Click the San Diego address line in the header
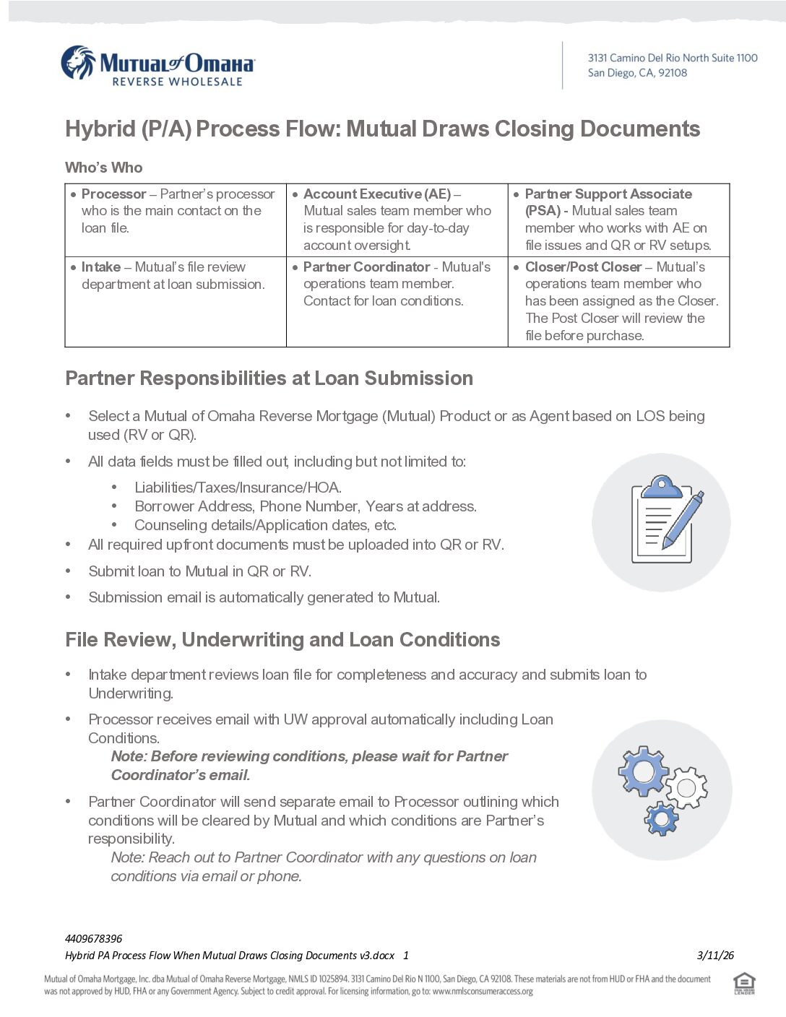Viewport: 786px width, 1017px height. point(636,73)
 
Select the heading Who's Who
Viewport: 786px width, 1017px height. point(104,168)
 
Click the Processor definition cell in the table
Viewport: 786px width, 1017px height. point(176,220)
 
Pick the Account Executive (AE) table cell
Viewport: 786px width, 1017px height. point(397,220)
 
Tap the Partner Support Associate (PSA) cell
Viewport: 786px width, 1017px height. point(618,220)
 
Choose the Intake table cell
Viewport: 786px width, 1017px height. point(176,301)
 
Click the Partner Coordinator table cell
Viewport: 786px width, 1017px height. point(397,301)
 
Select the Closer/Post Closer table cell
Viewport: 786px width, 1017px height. point(618,301)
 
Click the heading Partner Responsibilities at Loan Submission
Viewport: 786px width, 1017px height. point(269,378)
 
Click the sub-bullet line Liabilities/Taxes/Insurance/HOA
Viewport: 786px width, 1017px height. point(238,488)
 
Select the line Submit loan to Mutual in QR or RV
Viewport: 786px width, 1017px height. point(199,571)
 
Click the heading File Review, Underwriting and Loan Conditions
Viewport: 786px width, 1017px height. point(282,640)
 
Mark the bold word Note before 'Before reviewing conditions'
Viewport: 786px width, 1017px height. point(128,756)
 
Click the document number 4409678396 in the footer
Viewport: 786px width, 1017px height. point(94,939)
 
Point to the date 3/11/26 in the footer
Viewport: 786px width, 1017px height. point(715,956)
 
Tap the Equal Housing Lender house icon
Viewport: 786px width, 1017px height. point(744,983)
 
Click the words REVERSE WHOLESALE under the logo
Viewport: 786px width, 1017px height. point(177,82)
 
